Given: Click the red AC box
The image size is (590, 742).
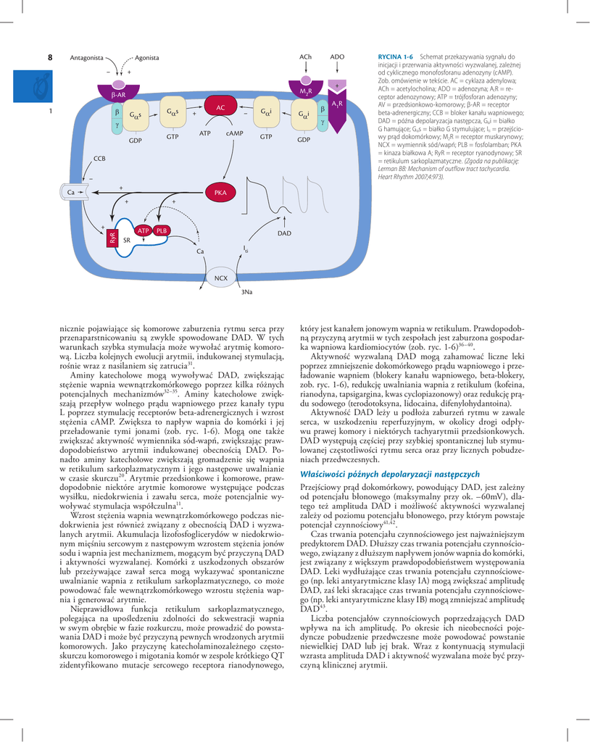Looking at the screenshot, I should click(x=221, y=107).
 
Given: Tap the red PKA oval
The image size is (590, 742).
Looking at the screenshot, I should click(x=221, y=193).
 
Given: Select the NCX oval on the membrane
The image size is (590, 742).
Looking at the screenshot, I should click(x=221, y=278).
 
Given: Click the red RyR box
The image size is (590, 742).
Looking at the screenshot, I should click(x=112, y=237).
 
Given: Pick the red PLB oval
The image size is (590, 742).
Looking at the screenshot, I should click(x=162, y=230).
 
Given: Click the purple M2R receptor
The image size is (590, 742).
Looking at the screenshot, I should click(x=306, y=91).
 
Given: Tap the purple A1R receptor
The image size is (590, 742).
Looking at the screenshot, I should click(x=337, y=101).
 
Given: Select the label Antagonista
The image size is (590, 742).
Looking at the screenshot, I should click(x=86, y=57).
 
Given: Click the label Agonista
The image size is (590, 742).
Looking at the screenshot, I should click(x=147, y=57).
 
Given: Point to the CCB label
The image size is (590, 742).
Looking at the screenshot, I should click(x=99, y=157).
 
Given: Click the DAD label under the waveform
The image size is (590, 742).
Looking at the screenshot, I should click(x=284, y=233).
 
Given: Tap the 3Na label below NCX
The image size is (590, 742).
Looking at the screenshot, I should click(x=247, y=292).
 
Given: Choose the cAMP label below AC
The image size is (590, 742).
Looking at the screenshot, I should click(x=234, y=133).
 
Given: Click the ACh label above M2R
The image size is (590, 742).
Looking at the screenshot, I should click(x=305, y=57).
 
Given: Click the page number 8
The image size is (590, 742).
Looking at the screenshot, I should click(x=50, y=57).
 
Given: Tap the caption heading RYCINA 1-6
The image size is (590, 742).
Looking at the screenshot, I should click(x=395, y=57).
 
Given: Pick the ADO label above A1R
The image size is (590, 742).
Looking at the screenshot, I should click(x=337, y=57).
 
